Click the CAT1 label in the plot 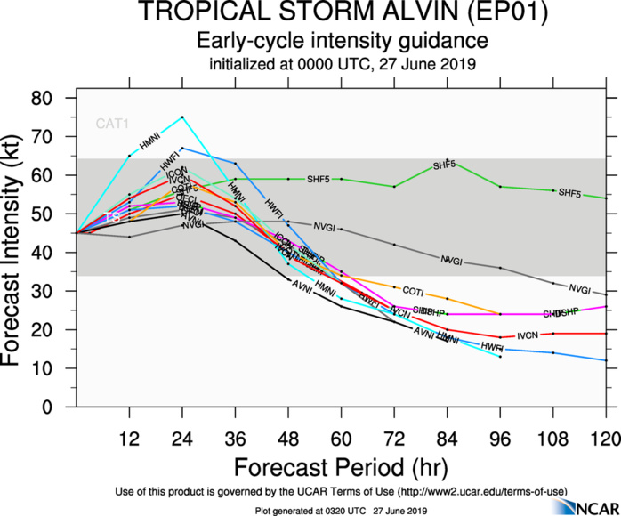pos(112,124)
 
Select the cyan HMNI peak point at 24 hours pos(182,117)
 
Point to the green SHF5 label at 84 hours pos(445,165)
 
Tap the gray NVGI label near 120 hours pos(580,289)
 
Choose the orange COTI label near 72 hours pos(413,290)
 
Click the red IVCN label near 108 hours pos(528,335)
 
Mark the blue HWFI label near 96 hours pos(492,345)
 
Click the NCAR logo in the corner pos(583,504)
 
